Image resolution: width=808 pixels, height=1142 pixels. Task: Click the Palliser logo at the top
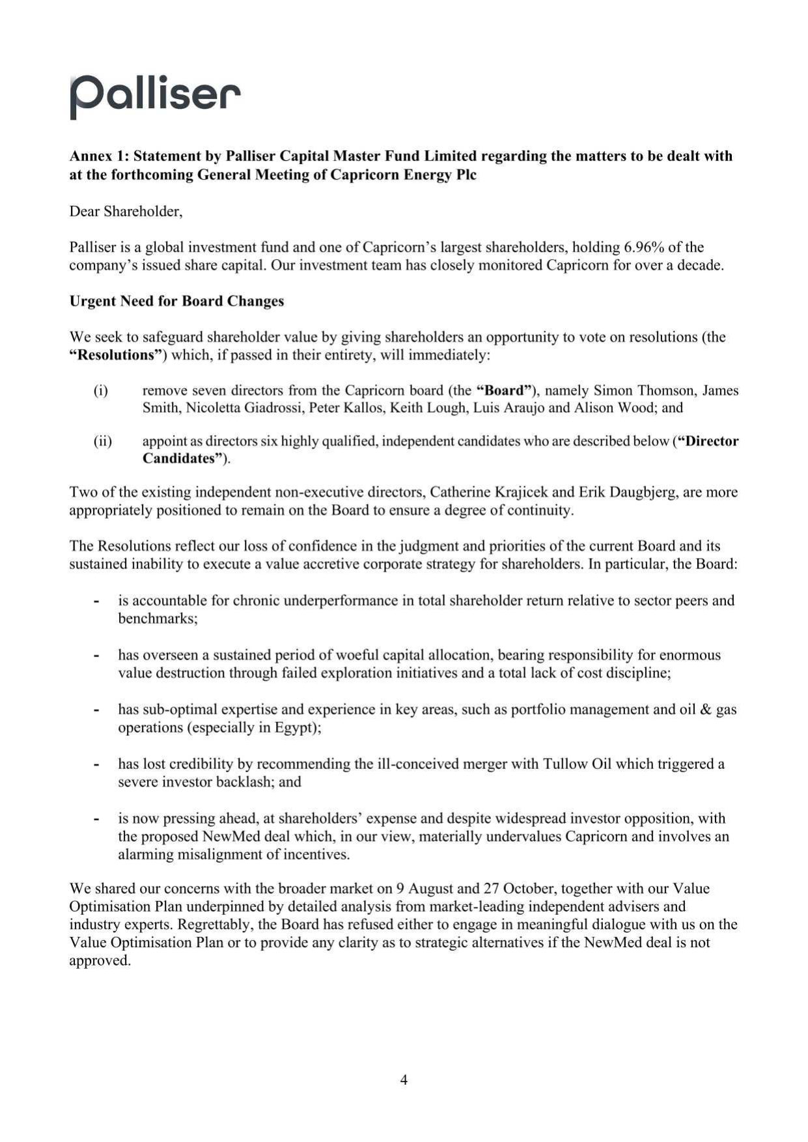(155, 96)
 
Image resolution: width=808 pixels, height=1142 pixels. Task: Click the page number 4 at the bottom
(404, 1079)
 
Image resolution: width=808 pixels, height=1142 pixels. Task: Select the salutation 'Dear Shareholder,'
(126, 212)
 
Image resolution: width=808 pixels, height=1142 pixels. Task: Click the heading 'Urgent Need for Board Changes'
(176, 301)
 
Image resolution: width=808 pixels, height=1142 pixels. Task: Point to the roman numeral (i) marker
(101, 391)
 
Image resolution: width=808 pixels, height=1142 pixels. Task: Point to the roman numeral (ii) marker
(102, 441)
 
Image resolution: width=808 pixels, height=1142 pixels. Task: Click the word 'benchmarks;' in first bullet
(158, 619)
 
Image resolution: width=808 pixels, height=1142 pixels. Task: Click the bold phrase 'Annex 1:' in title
(99, 156)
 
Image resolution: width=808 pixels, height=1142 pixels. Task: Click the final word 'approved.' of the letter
(100, 961)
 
